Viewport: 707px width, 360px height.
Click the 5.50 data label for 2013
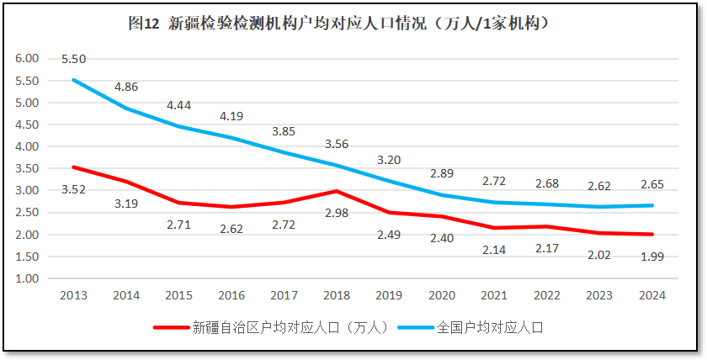click(74, 59)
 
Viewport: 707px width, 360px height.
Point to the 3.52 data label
click(74, 189)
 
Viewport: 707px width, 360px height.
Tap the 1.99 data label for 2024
click(651, 256)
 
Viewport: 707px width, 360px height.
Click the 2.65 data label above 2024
click(651, 184)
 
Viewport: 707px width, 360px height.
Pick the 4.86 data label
click(126, 87)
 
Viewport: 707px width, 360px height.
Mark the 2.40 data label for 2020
click(441, 238)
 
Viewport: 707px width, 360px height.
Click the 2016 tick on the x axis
click(231, 295)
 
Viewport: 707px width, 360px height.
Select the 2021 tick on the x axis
click(493, 295)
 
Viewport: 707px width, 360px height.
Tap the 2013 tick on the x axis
click(74, 295)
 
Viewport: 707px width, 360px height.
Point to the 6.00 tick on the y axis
click(28, 59)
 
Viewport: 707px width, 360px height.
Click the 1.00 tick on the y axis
click(28, 278)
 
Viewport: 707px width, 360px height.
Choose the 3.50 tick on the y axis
click(28, 168)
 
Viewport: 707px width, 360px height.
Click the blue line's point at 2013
click(74, 80)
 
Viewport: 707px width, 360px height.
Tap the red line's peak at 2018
click(336, 191)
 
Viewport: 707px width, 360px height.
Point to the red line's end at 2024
click(651, 235)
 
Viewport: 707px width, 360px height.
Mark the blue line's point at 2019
click(389, 181)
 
